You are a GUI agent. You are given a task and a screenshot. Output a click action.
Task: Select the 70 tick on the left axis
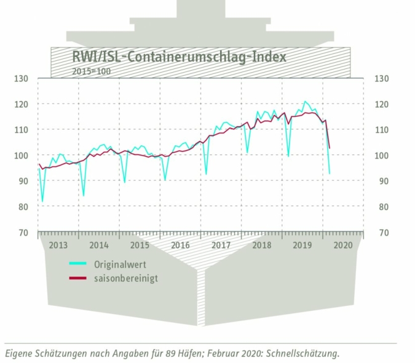(x=23, y=233)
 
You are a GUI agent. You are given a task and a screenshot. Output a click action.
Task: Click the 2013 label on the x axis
(x=58, y=245)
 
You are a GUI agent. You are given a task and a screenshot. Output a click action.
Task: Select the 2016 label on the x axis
(x=181, y=245)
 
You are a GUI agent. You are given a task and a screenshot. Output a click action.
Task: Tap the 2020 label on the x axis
(x=343, y=245)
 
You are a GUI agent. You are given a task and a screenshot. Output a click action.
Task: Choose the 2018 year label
(x=262, y=245)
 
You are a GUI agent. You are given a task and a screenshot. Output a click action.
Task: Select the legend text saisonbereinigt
(x=125, y=278)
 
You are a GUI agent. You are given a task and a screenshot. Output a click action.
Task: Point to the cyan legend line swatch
(x=77, y=265)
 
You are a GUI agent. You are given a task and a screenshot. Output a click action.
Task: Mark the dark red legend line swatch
(x=77, y=278)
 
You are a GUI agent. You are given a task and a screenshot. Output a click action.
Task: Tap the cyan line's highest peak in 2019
(x=305, y=102)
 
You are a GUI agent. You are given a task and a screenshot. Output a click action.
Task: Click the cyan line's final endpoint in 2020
(x=330, y=173)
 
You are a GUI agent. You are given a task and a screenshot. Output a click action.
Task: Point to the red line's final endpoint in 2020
(x=330, y=148)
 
